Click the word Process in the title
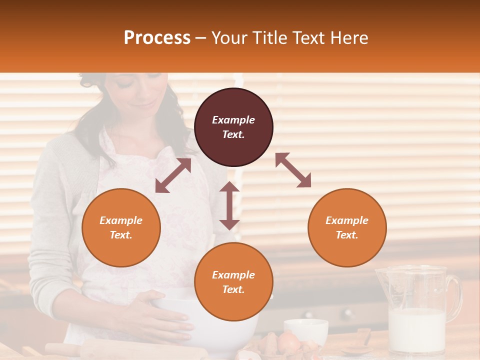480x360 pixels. [157, 38]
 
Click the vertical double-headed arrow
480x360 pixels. [229, 205]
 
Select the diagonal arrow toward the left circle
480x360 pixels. [173, 176]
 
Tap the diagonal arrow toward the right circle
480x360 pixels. [293, 170]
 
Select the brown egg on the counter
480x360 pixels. [288, 343]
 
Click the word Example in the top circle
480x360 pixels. [233, 120]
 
